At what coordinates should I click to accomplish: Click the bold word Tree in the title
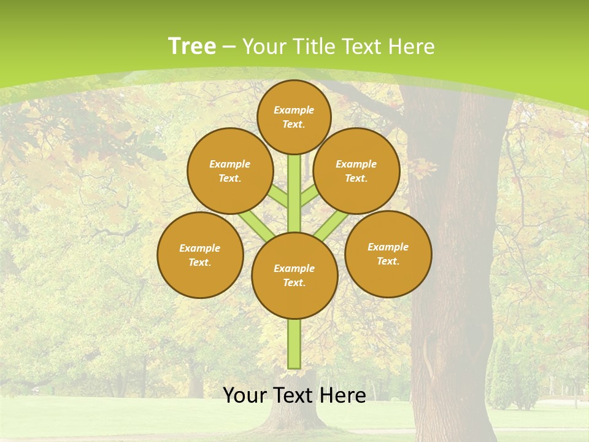click(x=192, y=47)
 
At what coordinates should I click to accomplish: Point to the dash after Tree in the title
click(x=229, y=47)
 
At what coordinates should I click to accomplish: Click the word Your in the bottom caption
click(x=245, y=395)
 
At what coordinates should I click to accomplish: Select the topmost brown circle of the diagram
click(x=294, y=117)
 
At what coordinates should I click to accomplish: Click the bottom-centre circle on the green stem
click(x=294, y=276)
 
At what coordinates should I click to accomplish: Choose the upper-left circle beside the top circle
click(x=229, y=171)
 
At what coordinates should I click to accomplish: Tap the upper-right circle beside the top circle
click(x=356, y=171)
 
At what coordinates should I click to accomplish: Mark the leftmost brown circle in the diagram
click(x=200, y=255)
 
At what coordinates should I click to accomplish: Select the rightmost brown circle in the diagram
click(x=388, y=254)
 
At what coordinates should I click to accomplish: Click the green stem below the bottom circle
click(x=294, y=344)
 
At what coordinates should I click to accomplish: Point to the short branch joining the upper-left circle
click(x=279, y=196)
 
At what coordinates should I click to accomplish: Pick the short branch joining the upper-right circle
click(x=309, y=196)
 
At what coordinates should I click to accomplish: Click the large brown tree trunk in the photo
click(x=454, y=246)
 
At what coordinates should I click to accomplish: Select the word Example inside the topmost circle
click(x=294, y=110)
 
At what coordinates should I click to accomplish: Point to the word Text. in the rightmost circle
click(x=388, y=261)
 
